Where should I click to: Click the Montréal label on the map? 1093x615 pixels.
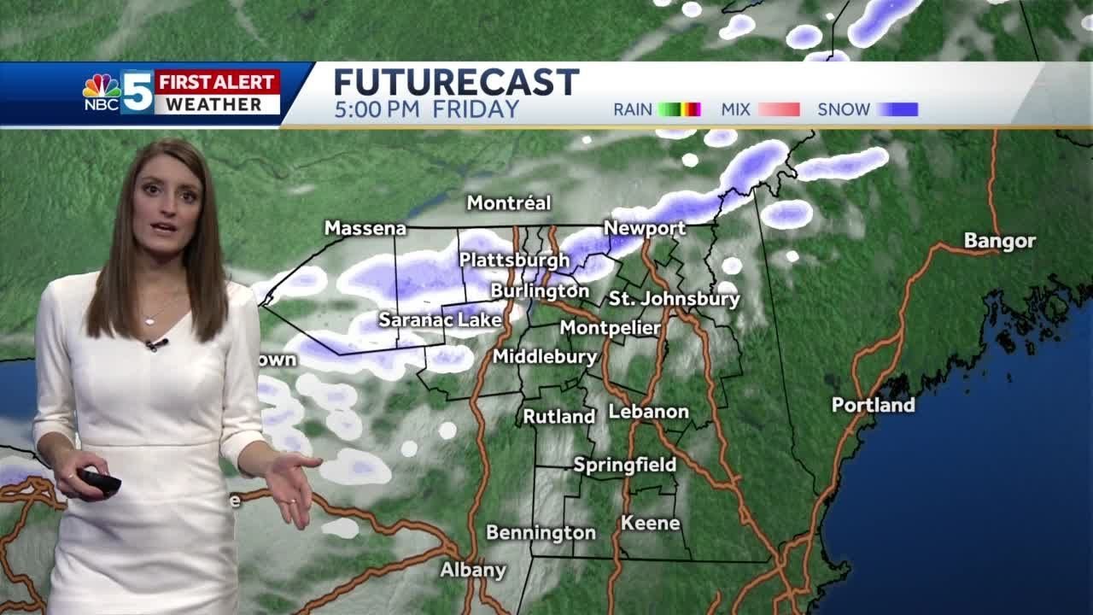pos(509,203)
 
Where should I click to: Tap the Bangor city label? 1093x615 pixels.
pos(999,241)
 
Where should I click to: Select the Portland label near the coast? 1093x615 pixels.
pos(873,405)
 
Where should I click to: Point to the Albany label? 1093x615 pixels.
pos(473,570)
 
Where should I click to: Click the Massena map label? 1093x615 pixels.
pos(365,229)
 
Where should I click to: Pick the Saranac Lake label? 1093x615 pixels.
pos(440,319)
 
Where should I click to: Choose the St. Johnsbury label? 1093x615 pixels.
pos(674,299)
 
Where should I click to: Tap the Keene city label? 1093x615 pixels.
pos(650,523)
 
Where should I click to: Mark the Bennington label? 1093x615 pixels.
pos(541,533)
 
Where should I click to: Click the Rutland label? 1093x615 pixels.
pos(558,417)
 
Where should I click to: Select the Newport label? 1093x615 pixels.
pos(645,228)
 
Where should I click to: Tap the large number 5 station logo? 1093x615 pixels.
pos(137,92)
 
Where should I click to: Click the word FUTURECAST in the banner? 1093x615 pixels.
pos(456,83)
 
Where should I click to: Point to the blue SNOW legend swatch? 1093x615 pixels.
pos(897,109)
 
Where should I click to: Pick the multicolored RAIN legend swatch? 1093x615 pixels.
pos(679,109)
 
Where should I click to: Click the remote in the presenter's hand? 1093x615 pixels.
pos(99,480)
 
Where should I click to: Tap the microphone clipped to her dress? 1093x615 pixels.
pos(156,344)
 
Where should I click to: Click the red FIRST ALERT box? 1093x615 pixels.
pos(218,82)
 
